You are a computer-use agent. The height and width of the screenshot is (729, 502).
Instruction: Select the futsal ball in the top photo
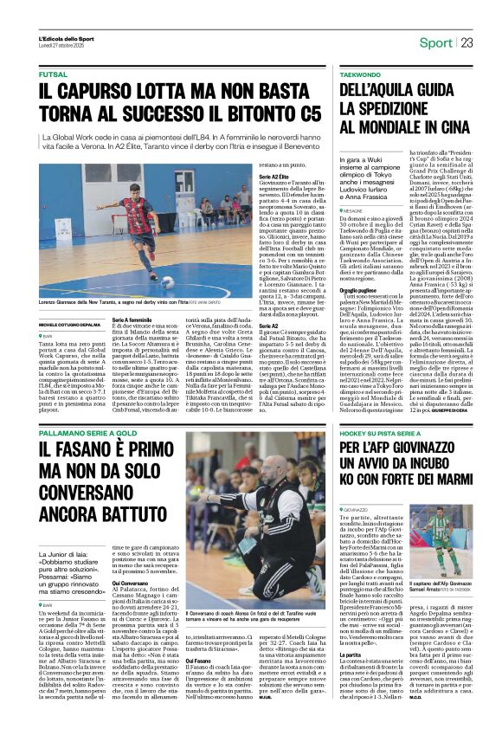[x=167, y=281]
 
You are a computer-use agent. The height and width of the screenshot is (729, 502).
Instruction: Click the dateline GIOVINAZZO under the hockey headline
[x=363, y=510]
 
